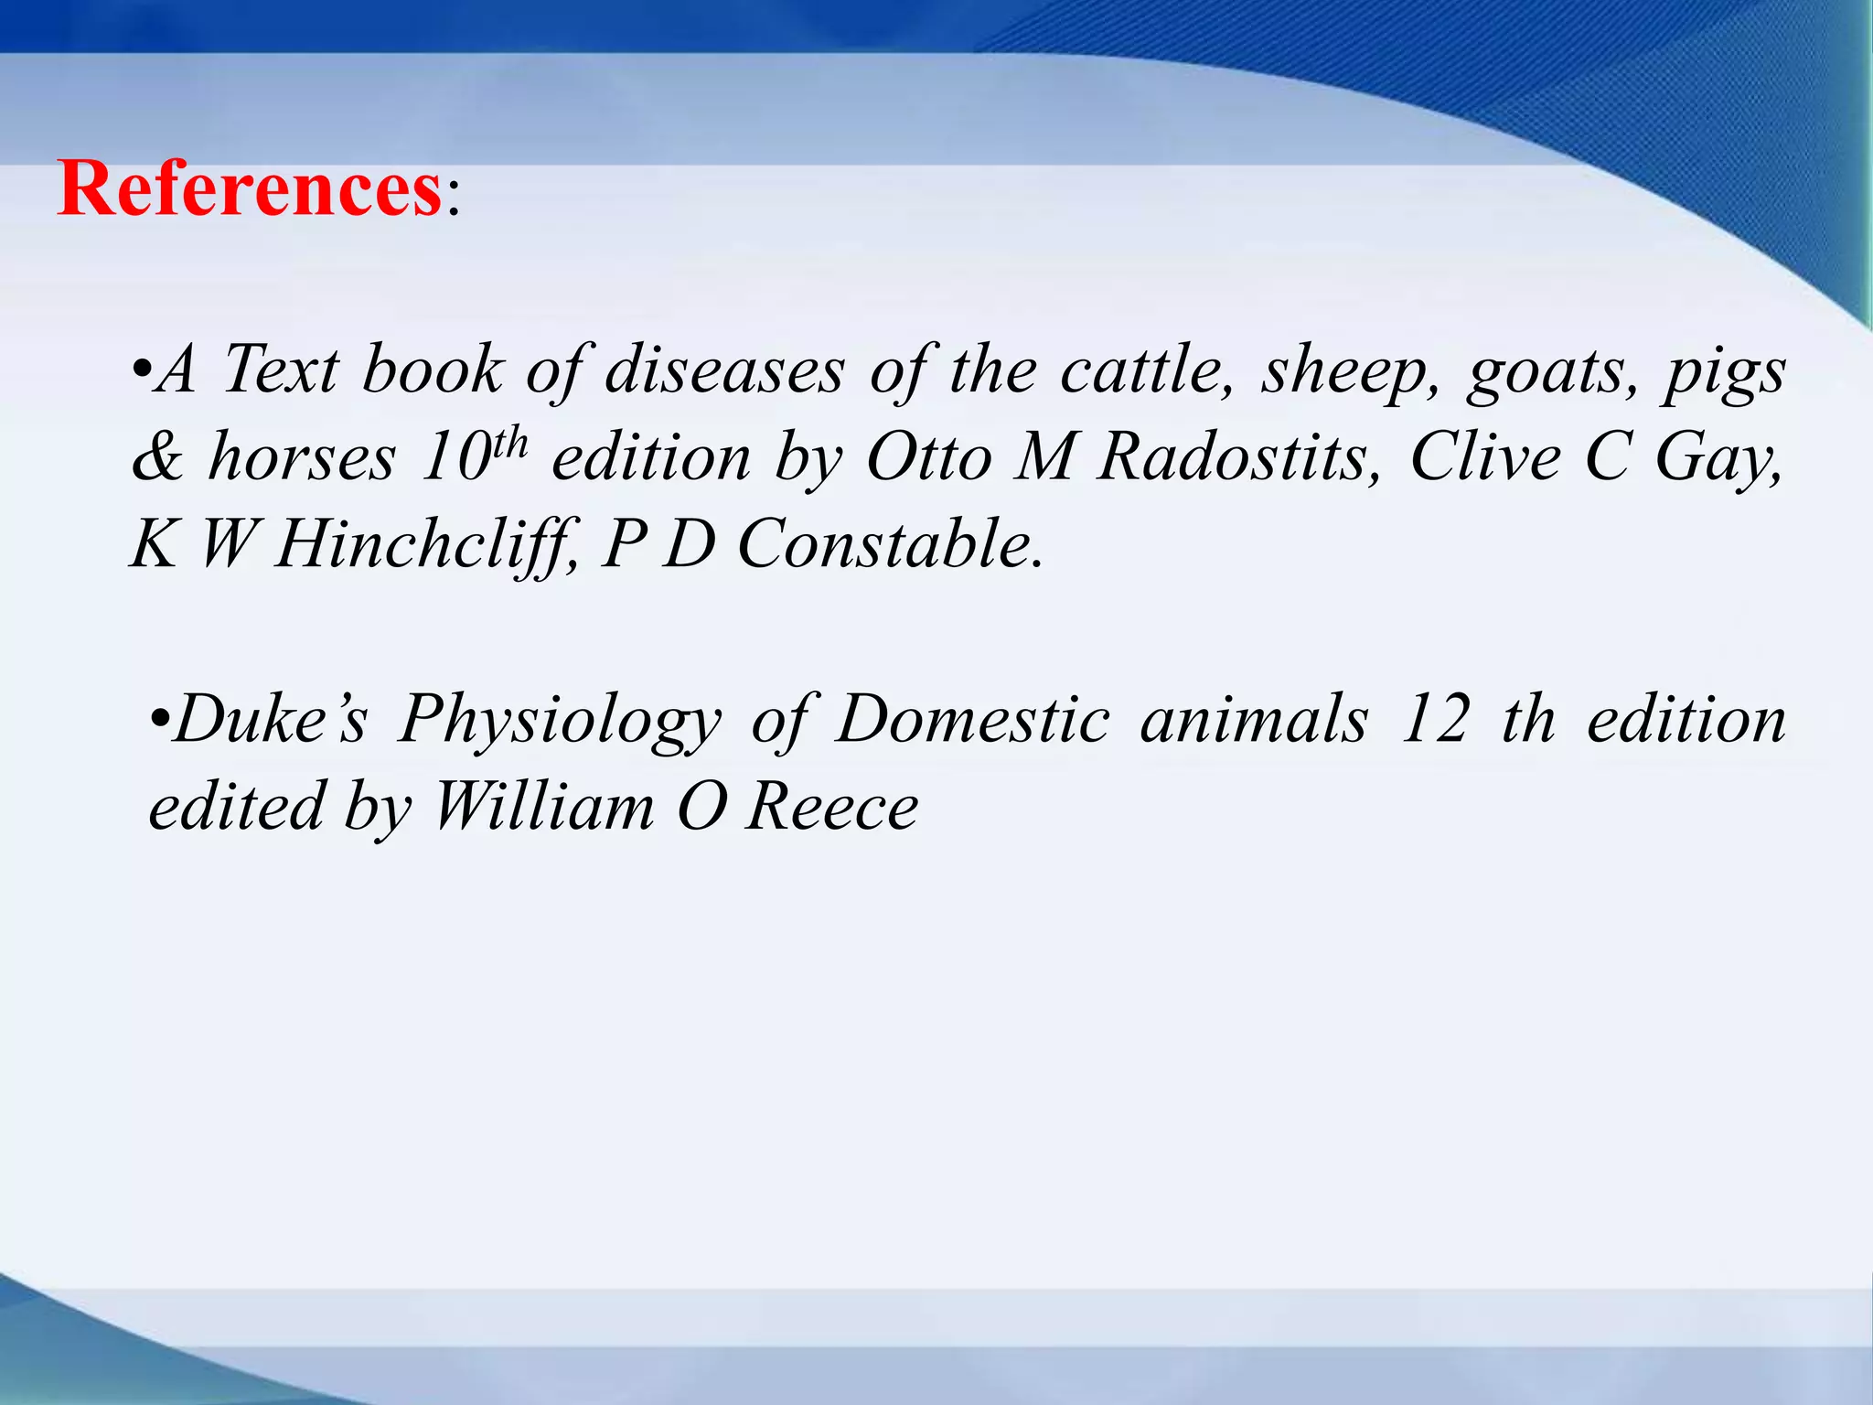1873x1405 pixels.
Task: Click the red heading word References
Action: coord(250,189)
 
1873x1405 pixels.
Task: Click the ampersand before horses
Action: coord(156,457)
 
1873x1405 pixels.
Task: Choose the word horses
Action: coord(303,457)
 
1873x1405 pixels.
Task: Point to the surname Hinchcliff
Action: coord(426,545)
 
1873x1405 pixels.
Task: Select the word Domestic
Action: coord(973,720)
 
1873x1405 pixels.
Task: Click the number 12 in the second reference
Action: coord(1435,720)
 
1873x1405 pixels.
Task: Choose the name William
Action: coord(543,808)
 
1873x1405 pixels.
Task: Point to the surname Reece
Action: coord(831,808)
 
